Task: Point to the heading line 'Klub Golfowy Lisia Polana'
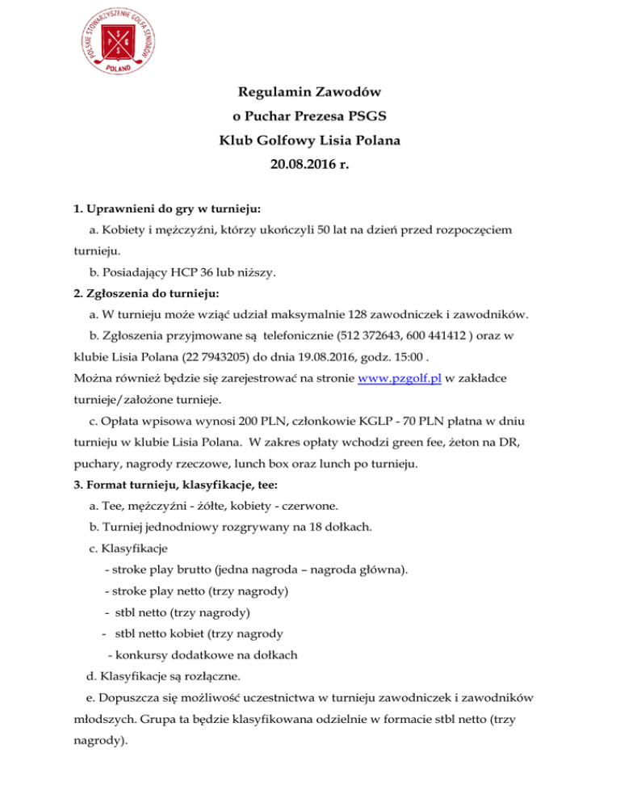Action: tap(310, 141)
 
